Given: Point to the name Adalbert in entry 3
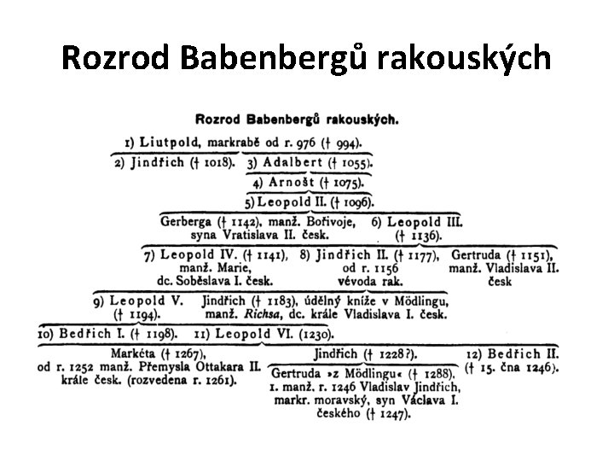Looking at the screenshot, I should point(292,162).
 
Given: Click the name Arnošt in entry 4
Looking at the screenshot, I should point(292,182).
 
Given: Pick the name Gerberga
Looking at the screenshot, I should point(183,221).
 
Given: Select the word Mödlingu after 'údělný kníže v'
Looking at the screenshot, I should point(414,301).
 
